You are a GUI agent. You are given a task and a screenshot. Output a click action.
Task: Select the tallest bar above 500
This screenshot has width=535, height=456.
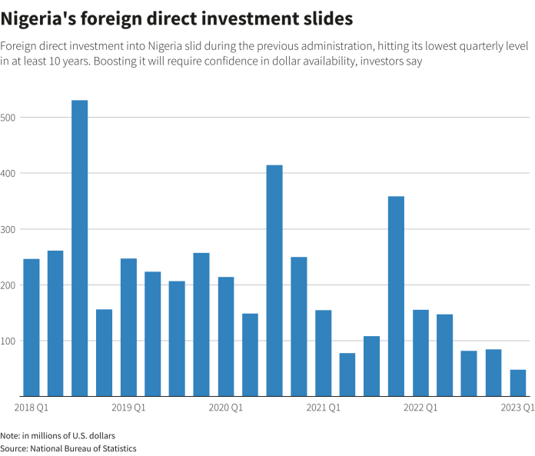coord(80,248)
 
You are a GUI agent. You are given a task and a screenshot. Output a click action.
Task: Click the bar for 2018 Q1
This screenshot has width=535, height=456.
coord(32,328)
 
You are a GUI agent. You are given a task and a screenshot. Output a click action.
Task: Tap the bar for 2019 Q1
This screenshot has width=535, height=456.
coord(128,328)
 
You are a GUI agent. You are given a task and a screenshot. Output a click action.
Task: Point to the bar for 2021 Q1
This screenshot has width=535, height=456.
coord(323,353)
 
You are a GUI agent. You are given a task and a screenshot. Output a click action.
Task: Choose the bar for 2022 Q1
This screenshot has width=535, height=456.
coord(420,353)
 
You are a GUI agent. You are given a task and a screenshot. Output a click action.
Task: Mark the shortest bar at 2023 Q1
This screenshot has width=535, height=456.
coord(518,383)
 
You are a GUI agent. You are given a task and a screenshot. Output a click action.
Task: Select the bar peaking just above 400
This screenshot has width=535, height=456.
coord(274,281)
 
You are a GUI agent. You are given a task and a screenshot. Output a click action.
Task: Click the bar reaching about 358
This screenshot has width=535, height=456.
coord(396,296)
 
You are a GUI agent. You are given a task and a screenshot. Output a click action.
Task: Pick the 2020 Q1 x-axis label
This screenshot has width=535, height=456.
coord(226,407)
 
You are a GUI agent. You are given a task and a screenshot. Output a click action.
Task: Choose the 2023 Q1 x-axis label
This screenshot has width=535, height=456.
coord(518,407)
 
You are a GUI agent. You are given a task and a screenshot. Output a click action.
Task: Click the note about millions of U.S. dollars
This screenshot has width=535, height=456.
coord(58,435)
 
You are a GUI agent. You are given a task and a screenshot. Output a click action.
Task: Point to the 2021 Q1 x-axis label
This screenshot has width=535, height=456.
coord(323,407)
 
